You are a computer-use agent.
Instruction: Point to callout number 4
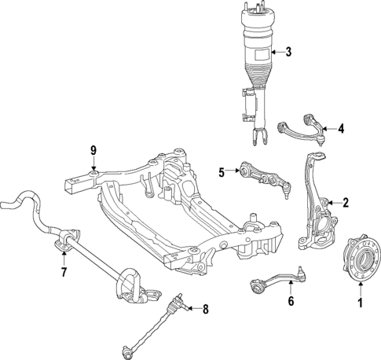[x=341, y=128]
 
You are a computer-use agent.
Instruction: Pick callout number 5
[x=222, y=171]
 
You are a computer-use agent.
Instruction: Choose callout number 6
[x=290, y=300]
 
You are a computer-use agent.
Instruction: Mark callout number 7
[x=64, y=272]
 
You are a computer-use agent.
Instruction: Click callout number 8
[x=207, y=309]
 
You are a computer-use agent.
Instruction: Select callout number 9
[x=93, y=149]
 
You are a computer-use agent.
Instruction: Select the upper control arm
[x=302, y=126]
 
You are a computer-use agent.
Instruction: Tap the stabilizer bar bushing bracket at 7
[x=67, y=240]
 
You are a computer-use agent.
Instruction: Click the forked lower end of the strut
[x=259, y=135]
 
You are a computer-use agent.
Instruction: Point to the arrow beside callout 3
[x=275, y=53]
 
